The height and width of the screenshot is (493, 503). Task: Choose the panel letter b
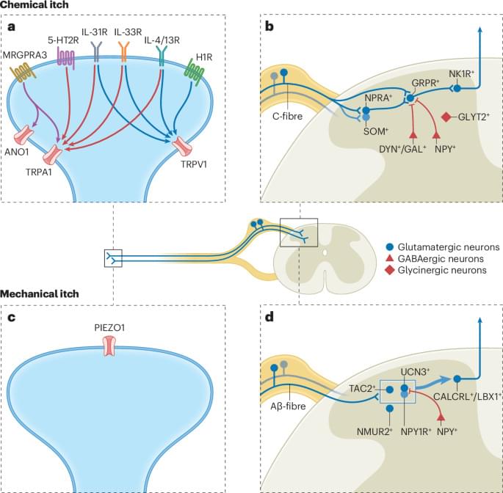coord(269,27)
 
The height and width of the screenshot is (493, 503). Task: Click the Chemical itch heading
coord(35,6)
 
